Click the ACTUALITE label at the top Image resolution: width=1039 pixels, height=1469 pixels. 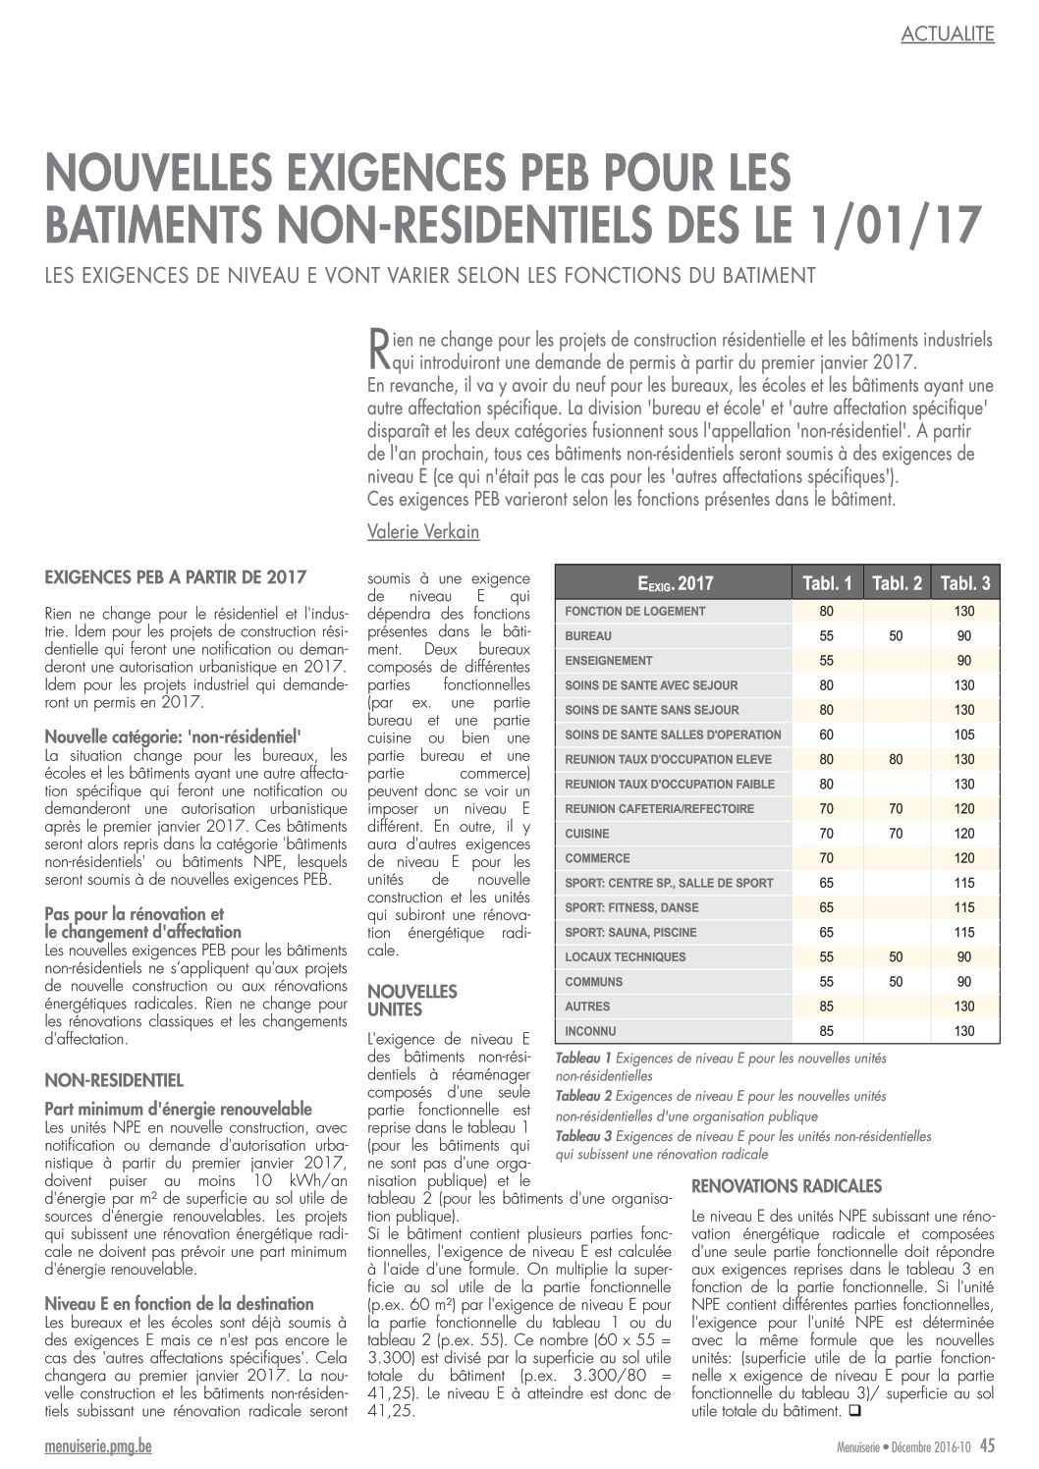(947, 34)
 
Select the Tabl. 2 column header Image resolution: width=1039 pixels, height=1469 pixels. (896, 583)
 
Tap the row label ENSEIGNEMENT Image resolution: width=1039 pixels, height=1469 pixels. (609, 661)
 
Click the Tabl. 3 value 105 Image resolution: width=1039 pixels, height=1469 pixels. (963, 734)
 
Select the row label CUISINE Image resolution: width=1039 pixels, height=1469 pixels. (587, 834)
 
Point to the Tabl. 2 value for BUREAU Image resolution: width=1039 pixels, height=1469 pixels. (896, 636)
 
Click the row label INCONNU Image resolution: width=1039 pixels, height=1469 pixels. (590, 1031)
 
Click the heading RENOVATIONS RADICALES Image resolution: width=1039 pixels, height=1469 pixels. (787, 1185)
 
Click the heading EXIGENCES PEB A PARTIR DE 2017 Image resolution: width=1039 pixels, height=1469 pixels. (176, 576)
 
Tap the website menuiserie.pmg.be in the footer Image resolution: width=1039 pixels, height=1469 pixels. (98, 1444)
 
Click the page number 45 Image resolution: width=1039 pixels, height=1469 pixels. (986, 1444)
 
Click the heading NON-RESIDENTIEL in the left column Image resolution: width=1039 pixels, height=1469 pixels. (114, 1080)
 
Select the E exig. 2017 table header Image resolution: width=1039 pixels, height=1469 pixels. (675, 583)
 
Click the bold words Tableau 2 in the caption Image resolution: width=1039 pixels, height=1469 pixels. (583, 1096)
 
